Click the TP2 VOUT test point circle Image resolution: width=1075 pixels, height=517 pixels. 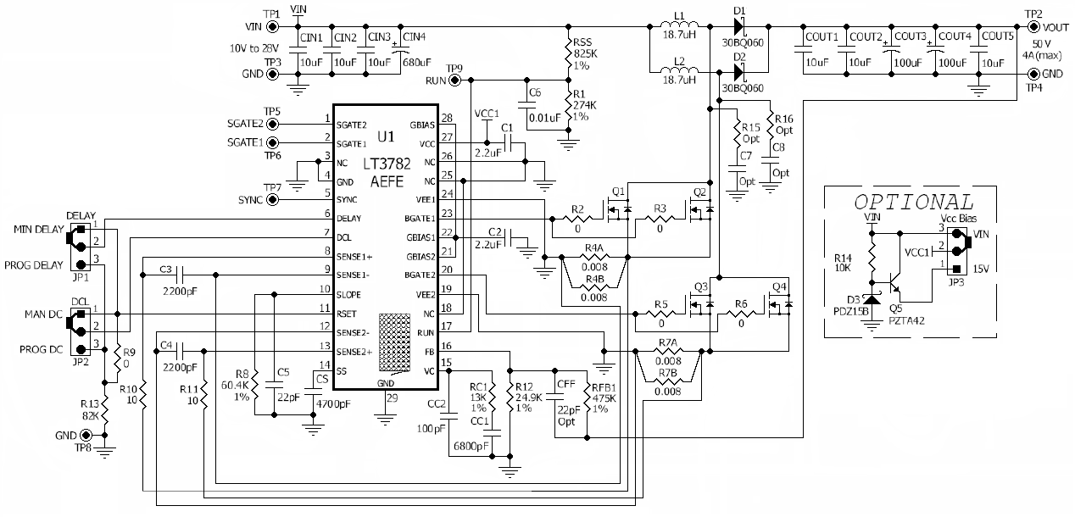pyautogui.click(x=1033, y=26)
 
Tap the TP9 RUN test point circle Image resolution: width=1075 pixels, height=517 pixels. pyautogui.click(x=455, y=81)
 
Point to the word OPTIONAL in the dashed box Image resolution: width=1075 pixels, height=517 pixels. pyautogui.click(x=913, y=203)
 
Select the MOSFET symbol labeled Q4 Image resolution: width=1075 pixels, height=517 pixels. pyautogui.click(x=781, y=303)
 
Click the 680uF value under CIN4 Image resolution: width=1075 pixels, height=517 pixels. pyautogui.click(x=416, y=62)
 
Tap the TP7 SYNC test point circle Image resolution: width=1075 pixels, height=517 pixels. pyautogui.click(x=273, y=200)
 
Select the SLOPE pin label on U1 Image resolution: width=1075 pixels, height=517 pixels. pyautogui.click(x=349, y=294)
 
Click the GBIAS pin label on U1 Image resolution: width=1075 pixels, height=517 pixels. pyautogui.click(x=421, y=125)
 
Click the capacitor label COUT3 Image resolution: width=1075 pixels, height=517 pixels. pyautogui.click(x=910, y=36)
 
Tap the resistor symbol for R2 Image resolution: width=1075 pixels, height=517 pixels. pyautogui.click(x=578, y=219)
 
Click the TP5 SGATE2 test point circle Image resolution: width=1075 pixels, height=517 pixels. pyautogui.click(x=273, y=123)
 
